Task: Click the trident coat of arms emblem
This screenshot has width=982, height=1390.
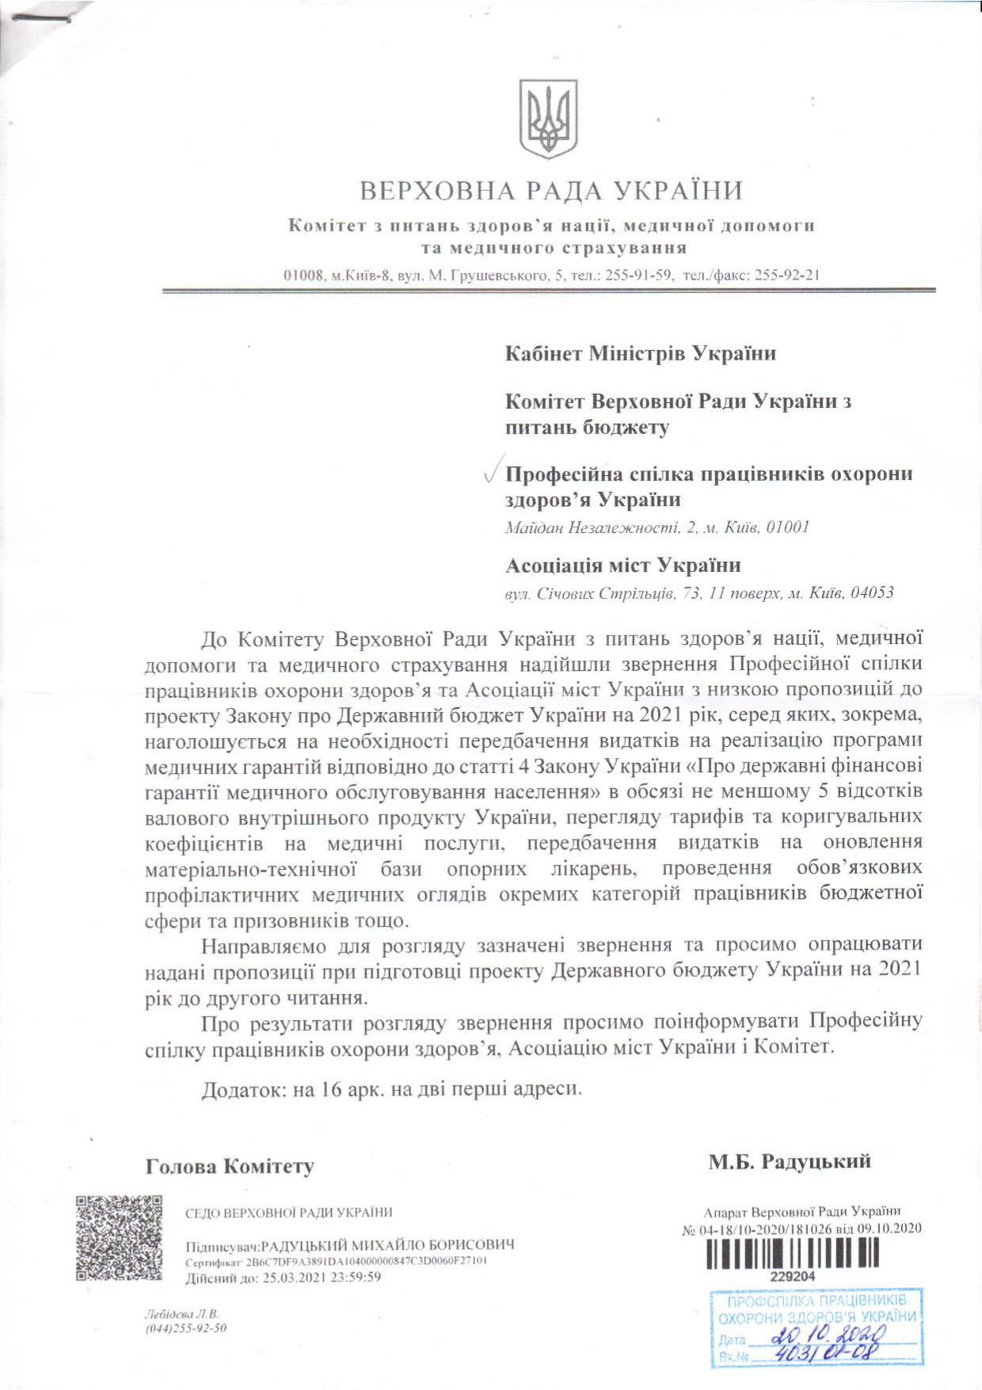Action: (x=547, y=118)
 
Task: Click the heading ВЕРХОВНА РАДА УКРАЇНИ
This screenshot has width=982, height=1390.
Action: (x=551, y=191)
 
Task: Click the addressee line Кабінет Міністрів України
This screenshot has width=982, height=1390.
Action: (x=640, y=353)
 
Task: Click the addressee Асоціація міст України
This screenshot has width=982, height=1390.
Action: (x=623, y=566)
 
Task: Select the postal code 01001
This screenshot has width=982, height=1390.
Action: (x=788, y=527)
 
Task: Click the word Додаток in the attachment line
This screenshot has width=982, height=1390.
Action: (x=243, y=1089)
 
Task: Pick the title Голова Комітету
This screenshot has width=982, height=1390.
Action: (x=230, y=1167)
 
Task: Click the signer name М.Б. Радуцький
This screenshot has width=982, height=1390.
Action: (x=790, y=1162)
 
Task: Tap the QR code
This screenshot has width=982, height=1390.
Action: (x=119, y=1238)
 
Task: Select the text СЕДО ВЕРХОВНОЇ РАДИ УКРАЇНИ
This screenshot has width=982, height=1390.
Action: (x=288, y=1213)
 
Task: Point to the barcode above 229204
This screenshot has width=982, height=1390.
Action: (x=792, y=1253)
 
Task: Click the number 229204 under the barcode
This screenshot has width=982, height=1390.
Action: (x=793, y=1277)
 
